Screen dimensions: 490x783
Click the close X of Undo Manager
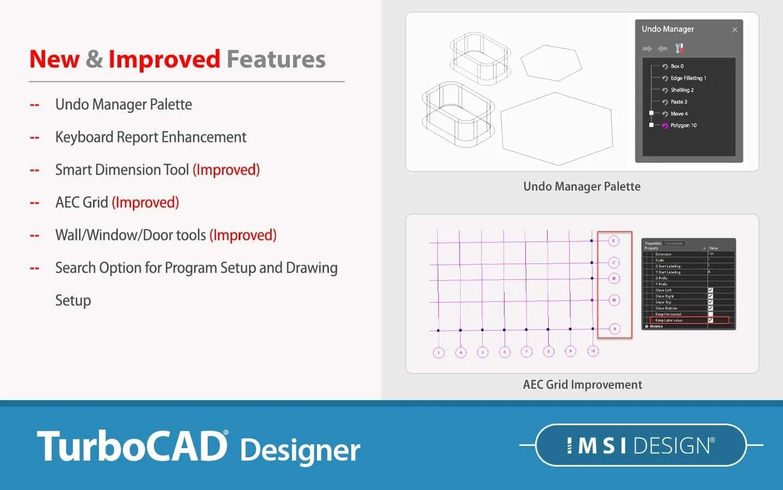tap(735, 30)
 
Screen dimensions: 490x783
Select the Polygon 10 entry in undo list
tap(683, 125)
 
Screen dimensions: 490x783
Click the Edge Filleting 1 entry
tap(688, 78)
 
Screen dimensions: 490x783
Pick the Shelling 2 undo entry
tap(682, 90)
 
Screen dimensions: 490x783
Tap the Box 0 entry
tap(676, 66)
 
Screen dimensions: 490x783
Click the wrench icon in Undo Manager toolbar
tap(679, 48)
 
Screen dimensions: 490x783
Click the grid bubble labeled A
tap(614, 329)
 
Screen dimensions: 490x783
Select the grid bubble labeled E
tap(614, 241)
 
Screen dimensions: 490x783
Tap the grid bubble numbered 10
tap(593, 351)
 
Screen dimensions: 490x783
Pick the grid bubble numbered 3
tap(439, 353)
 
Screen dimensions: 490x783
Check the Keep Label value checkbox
tap(710, 320)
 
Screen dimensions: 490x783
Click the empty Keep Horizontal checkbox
tap(710, 314)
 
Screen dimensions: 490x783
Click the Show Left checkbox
tap(710, 290)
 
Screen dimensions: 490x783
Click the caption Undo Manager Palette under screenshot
tap(582, 187)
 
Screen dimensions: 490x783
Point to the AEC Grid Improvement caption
tap(582, 385)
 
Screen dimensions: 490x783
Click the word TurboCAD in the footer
tap(132, 446)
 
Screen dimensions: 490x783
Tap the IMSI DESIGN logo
tap(641, 445)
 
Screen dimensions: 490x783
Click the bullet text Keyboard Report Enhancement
tap(151, 137)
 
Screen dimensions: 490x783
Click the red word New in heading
tap(54, 59)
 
